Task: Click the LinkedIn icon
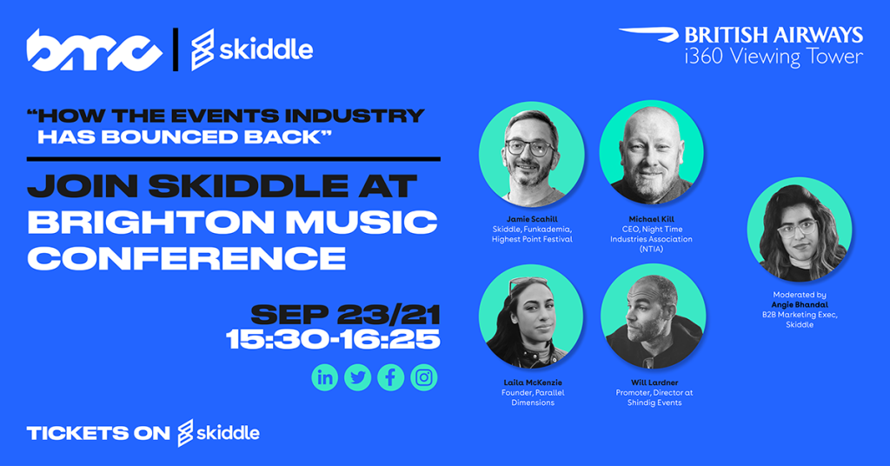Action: tap(325, 377)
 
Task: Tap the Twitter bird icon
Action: tap(357, 377)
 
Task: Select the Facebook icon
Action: tap(390, 377)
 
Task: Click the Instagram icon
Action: tap(424, 377)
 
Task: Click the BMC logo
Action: tap(94, 50)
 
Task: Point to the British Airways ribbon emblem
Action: tap(648, 34)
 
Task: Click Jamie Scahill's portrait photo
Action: tap(531, 155)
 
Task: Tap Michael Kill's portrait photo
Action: tap(652, 153)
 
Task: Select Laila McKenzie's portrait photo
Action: tap(531, 316)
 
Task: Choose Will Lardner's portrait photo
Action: tap(654, 316)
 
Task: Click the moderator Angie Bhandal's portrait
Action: tap(800, 230)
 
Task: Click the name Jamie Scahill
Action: tap(532, 219)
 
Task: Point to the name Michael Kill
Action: tap(652, 219)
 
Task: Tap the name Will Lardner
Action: tap(654, 383)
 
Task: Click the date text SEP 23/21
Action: tap(345, 315)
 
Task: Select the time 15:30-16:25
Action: tap(333, 340)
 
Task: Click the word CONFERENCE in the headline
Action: tap(186, 258)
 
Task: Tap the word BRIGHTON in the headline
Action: tap(151, 222)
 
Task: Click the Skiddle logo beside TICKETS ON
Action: tap(218, 433)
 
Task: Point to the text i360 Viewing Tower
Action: tap(774, 57)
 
